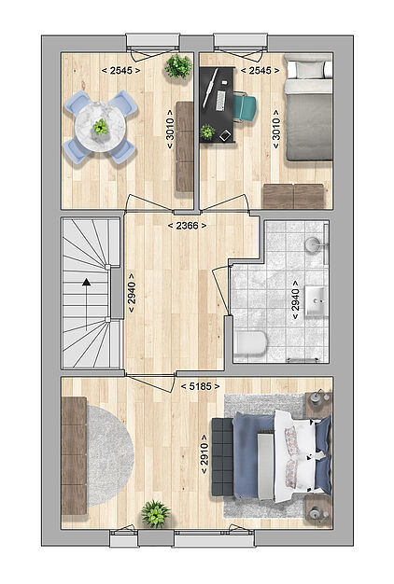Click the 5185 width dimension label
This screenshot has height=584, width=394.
click(200, 386)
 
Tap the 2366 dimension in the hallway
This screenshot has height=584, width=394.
click(187, 226)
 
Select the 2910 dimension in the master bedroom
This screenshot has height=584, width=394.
click(204, 454)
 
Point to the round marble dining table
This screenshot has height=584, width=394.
click(100, 127)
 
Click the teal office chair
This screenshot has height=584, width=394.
click(246, 108)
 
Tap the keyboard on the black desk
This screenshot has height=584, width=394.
click(220, 101)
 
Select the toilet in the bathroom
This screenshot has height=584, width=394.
click(251, 342)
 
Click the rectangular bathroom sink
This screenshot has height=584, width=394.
click(317, 301)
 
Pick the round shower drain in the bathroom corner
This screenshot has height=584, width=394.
click(312, 244)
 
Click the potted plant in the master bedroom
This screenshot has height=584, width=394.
click(155, 514)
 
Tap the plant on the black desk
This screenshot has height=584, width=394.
click(207, 132)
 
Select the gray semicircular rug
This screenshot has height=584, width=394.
click(110, 455)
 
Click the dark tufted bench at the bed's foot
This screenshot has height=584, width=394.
click(222, 456)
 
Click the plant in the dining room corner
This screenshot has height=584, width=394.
click(178, 66)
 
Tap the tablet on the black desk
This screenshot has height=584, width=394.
click(225, 136)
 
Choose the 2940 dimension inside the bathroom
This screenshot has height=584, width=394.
click(296, 299)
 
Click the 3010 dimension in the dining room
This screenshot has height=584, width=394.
click(170, 129)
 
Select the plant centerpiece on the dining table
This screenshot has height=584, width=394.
click(101, 127)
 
